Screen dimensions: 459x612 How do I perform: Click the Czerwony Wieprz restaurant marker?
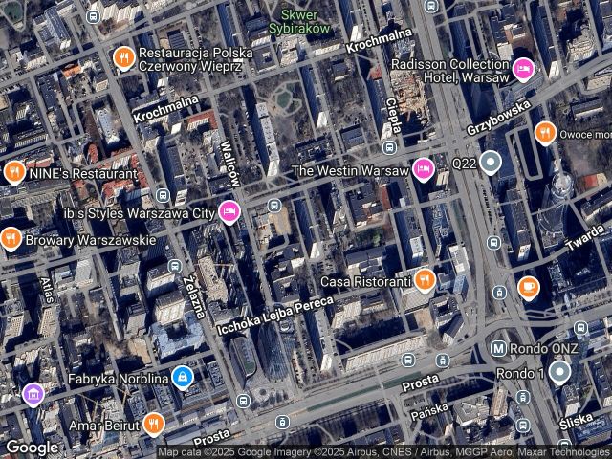click(123, 58)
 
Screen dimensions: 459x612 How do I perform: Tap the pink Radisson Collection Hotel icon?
click(523, 68)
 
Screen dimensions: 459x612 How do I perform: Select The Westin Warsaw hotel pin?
click(424, 171)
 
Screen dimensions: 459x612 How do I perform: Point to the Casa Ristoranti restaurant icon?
click(426, 280)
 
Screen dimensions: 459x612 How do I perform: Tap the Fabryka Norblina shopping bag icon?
click(183, 378)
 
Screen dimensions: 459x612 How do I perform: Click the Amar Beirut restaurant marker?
click(153, 424)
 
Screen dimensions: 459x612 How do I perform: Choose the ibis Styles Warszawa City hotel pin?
click(229, 211)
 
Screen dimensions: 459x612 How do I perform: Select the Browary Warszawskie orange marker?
click(11, 239)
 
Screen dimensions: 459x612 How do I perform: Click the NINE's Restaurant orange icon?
click(13, 174)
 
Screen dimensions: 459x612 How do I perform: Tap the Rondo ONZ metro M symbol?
click(498, 348)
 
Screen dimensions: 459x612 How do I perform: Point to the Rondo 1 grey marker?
click(559, 372)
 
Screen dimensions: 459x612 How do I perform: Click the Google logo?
click(33, 447)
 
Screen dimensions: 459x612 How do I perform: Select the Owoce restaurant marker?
click(545, 132)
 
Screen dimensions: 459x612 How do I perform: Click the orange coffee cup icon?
click(529, 286)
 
